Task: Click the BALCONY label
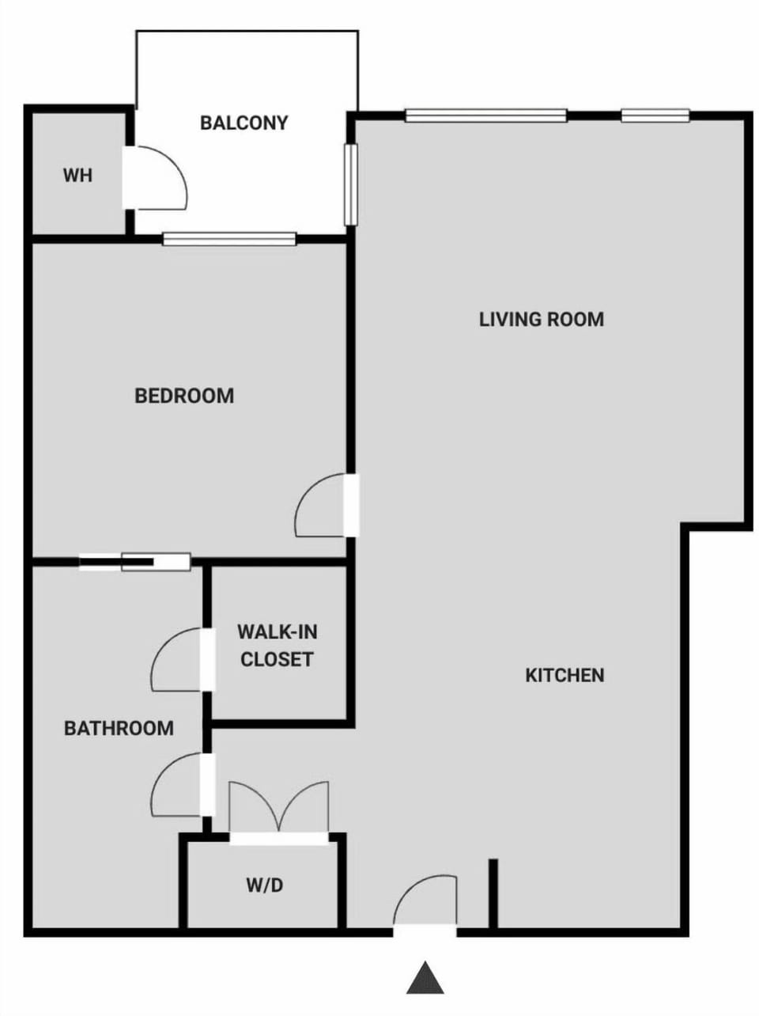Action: click(244, 123)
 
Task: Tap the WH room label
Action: click(77, 175)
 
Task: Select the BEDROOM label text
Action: click(184, 395)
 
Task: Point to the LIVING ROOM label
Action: click(542, 319)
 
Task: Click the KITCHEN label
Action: click(565, 675)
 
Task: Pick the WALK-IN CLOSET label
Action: click(277, 645)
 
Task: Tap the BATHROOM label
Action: click(119, 728)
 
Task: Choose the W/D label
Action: click(264, 885)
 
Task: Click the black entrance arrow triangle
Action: click(425, 978)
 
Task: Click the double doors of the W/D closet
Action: click(278, 811)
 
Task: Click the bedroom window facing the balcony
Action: click(229, 238)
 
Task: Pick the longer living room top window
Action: click(485, 116)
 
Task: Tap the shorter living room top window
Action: click(655, 116)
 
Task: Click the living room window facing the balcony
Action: click(351, 184)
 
